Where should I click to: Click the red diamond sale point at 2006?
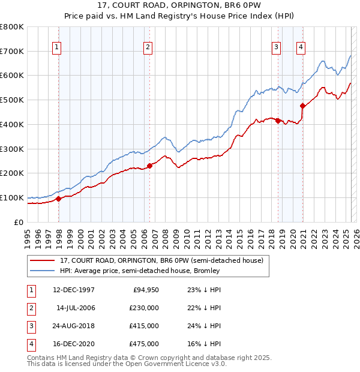(x=149, y=166)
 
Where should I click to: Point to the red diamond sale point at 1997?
(x=58, y=199)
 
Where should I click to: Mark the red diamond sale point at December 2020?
(x=302, y=106)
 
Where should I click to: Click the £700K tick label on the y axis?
(x=12, y=52)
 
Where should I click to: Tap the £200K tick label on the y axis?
(x=12, y=173)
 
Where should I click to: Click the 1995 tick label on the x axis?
(x=27, y=235)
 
